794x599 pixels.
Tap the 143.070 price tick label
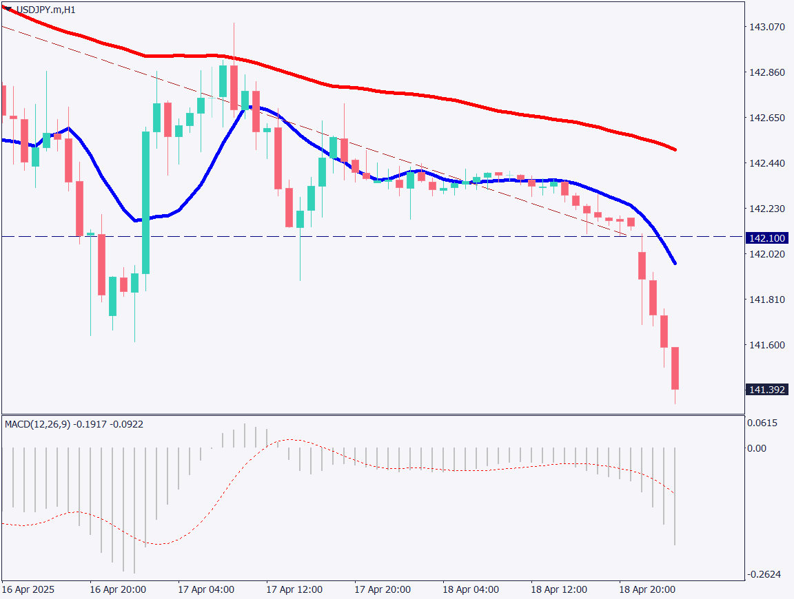pos(766,27)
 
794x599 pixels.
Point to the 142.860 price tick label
pos(766,72)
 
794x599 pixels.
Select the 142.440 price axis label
pos(766,163)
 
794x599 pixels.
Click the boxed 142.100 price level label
pos(767,238)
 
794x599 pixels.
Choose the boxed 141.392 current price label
pos(767,390)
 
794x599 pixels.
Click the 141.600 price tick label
pos(766,345)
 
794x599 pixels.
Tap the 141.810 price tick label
pos(766,299)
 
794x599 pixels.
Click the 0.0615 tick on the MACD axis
pos(763,423)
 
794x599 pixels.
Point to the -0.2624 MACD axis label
pos(764,574)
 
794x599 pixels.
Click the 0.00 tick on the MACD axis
pos(757,448)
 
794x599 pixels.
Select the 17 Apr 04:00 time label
pos(206,590)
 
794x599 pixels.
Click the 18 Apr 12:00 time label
pos(559,590)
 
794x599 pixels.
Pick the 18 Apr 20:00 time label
pos(647,590)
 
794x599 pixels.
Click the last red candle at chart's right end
pos(675,368)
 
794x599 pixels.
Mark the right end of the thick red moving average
pos(675,149)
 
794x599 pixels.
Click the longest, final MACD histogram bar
pos(675,496)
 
